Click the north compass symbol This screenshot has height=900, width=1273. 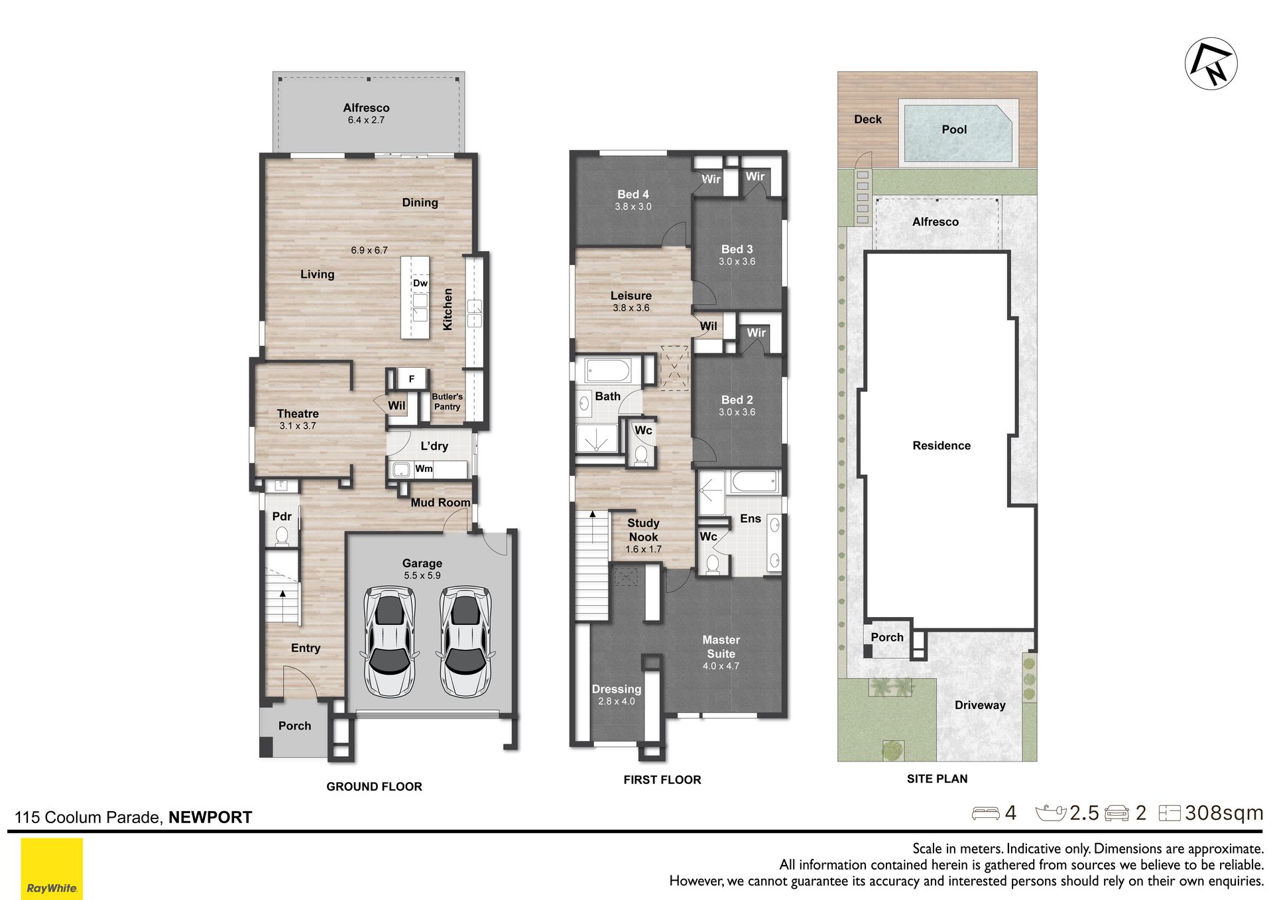(x=1211, y=64)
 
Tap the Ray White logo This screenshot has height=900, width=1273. (x=52, y=869)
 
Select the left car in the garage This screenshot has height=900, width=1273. (x=389, y=642)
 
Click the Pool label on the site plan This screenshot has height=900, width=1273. (x=954, y=130)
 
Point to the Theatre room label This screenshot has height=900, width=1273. (x=298, y=414)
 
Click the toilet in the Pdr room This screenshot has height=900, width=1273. (x=282, y=535)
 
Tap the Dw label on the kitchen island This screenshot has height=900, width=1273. (x=420, y=283)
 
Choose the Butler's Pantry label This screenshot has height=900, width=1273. (x=448, y=402)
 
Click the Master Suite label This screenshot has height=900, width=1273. (x=721, y=647)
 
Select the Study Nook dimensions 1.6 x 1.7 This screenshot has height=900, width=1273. (x=643, y=549)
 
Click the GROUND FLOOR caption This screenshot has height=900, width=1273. (x=374, y=787)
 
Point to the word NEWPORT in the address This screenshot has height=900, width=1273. (x=210, y=817)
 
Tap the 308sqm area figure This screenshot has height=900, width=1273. (x=1224, y=813)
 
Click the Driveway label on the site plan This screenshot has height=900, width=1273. (x=980, y=705)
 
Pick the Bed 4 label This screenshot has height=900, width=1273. (x=633, y=194)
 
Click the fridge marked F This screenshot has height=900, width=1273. (x=412, y=378)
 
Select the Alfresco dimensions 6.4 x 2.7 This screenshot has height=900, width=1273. (x=366, y=120)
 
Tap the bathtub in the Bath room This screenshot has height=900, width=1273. (x=611, y=370)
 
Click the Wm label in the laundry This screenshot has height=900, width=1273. (x=424, y=469)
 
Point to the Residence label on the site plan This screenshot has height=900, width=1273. (x=941, y=445)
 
